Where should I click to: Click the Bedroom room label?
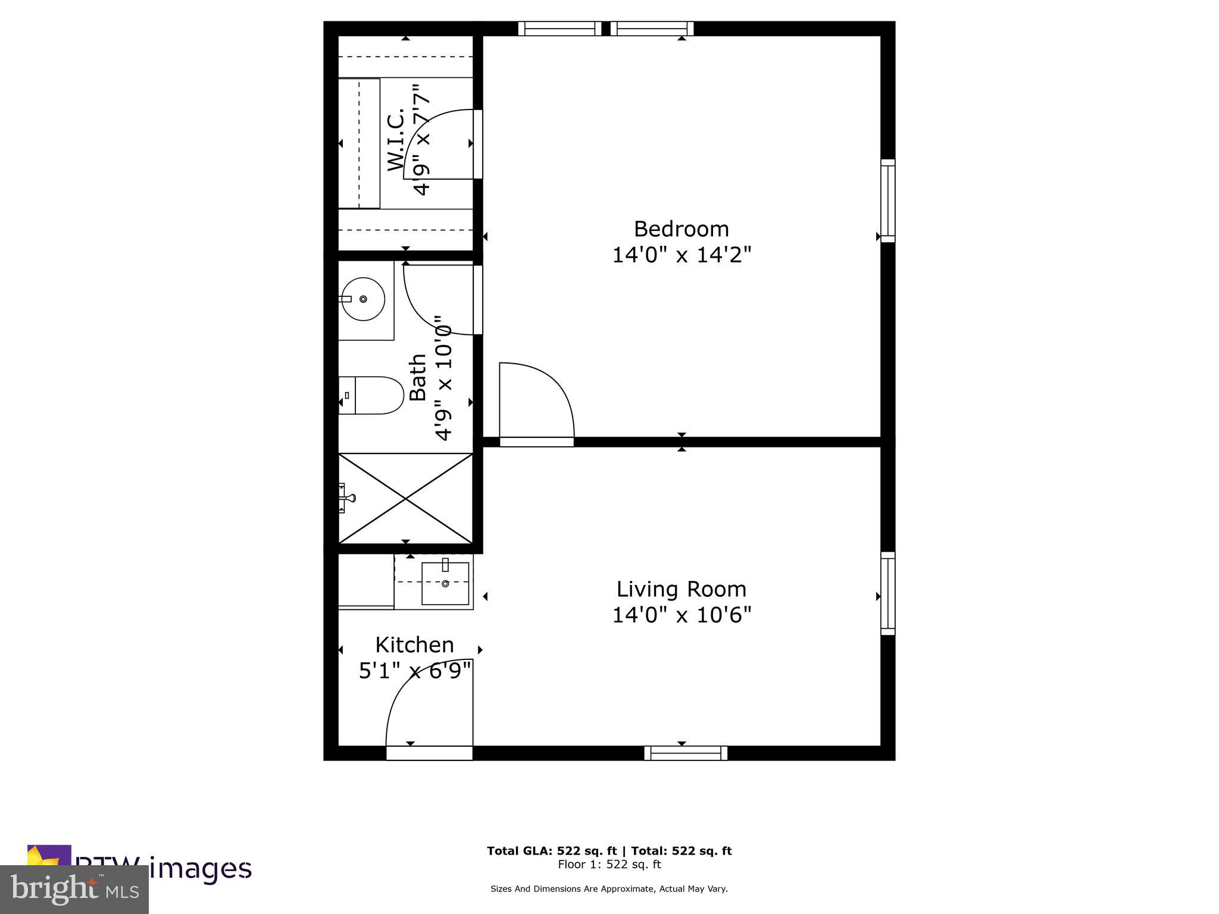681,229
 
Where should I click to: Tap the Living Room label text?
681,589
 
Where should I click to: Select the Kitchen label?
414,645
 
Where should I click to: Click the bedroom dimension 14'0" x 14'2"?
682,255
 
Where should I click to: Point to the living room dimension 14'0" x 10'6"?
682,615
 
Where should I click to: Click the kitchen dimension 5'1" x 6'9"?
415,671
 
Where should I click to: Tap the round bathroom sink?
362,299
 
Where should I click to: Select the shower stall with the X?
405,499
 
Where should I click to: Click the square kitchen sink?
445,583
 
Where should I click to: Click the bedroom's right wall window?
887,201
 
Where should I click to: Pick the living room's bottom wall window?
686,753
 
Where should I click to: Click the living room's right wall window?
887,593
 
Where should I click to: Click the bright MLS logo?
74,889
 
